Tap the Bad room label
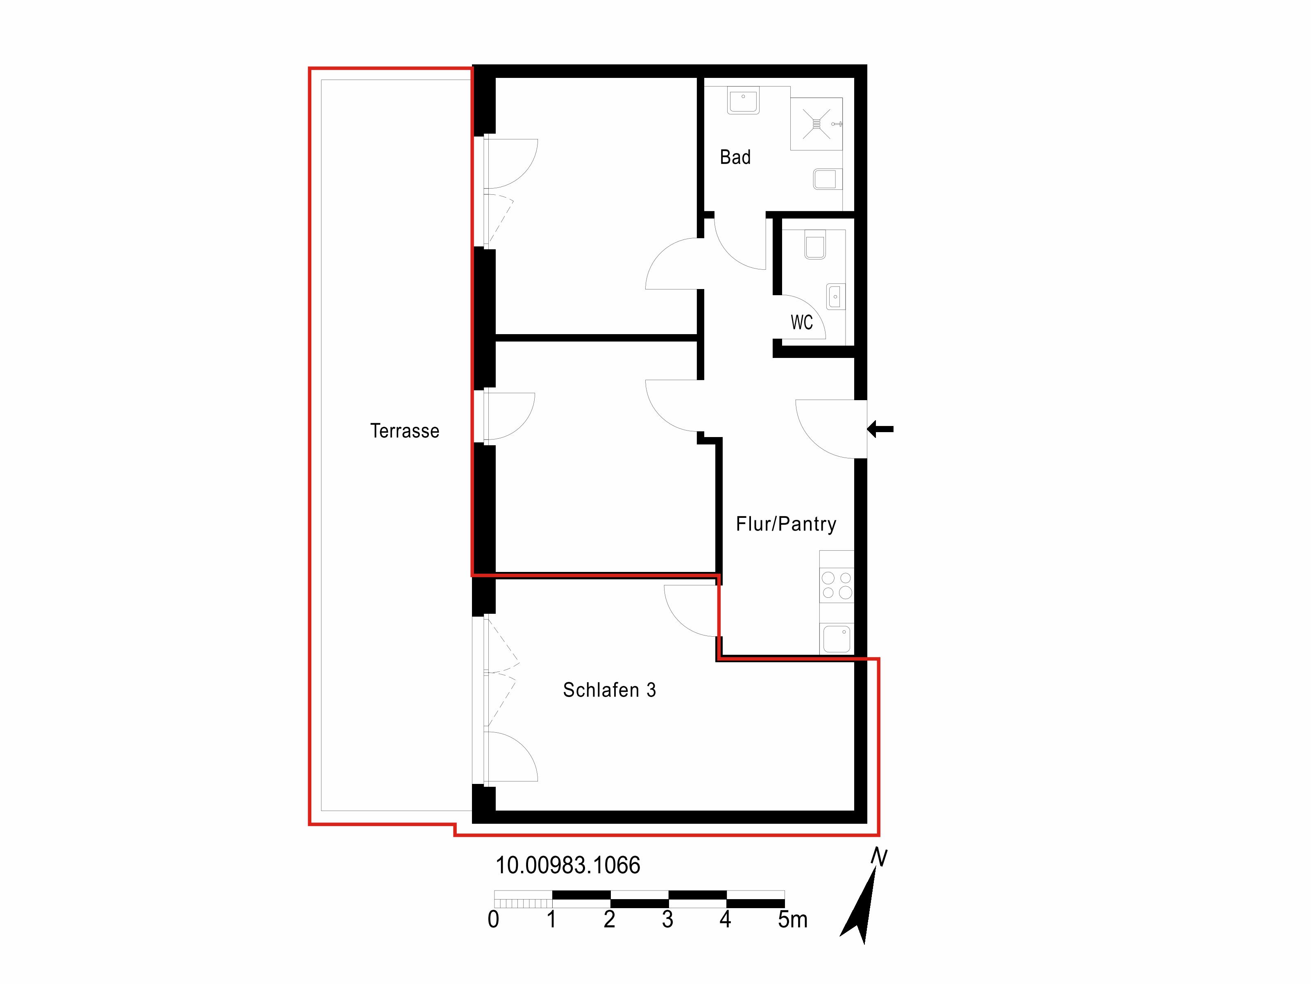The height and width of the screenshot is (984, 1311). pyautogui.click(x=735, y=157)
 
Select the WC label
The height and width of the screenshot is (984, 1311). pyautogui.click(x=801, y=322)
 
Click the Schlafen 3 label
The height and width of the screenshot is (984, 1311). pyautogui.click(x=609, y=690)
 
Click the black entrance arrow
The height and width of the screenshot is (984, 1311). pyautogui.click(x=880, y=429)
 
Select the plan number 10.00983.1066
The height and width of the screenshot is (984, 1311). pyautogui.click(x=568, y=866)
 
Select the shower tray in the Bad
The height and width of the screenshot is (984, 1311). pyautogui.click(x=816, y=123)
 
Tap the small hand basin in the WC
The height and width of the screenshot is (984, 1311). pyautogui.click(x=836, y=296)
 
